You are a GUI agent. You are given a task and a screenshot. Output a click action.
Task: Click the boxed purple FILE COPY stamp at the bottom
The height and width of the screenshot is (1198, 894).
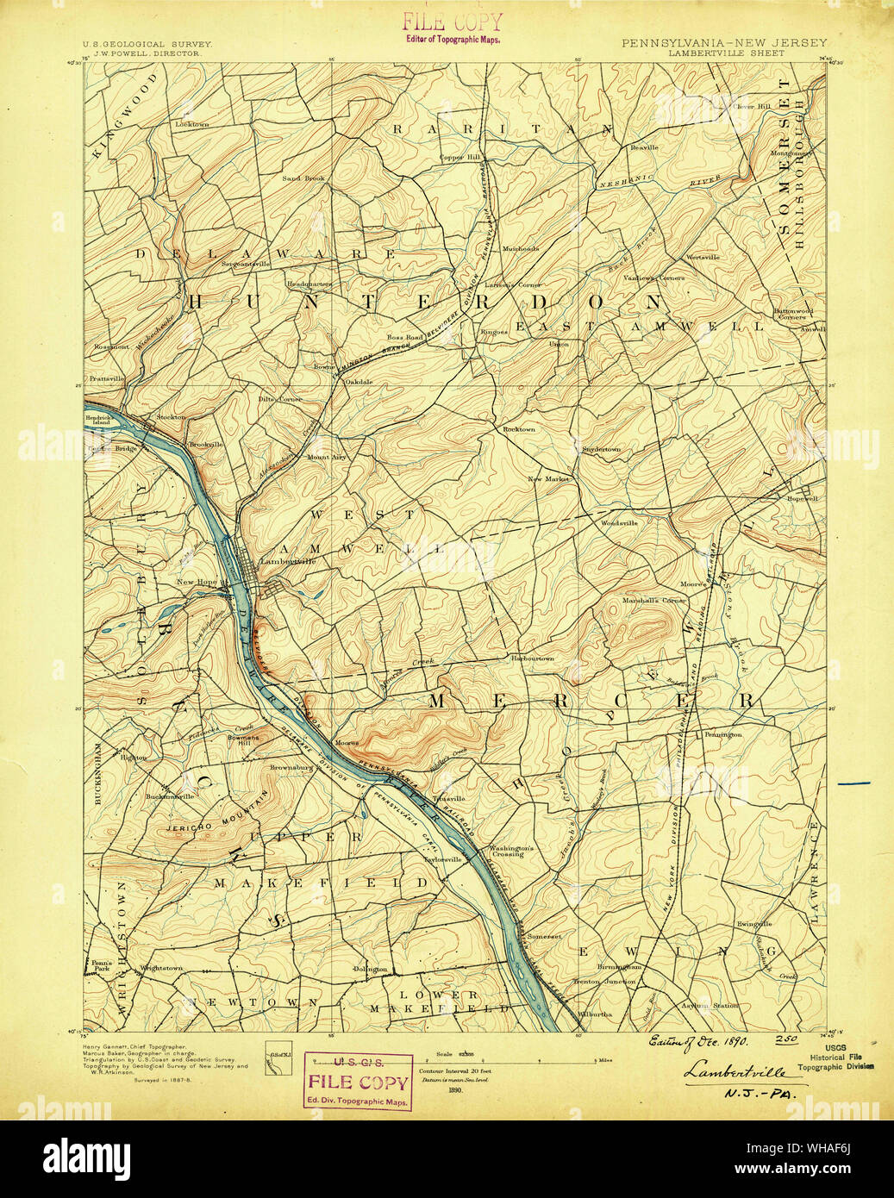click(x=358, y=1081)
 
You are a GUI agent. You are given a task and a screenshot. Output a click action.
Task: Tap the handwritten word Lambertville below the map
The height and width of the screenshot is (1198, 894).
click(x=736, y=1072)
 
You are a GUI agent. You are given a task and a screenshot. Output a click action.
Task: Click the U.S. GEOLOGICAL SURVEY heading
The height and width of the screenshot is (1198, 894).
click(x=147, y=42)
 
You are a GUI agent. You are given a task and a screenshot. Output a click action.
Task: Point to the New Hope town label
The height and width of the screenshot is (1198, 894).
click(x=197, y=582)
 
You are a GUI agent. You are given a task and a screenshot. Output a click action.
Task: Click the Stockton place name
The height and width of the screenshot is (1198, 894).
click(x=170, y=417)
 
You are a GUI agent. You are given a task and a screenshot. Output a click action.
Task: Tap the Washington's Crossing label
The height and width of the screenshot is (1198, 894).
click(x=512, y=851)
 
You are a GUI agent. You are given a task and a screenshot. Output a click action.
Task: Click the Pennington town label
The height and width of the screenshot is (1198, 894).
click(x=722, y=734)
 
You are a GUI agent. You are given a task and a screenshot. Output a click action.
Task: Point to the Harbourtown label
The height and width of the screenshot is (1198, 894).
click(x=532, y=658)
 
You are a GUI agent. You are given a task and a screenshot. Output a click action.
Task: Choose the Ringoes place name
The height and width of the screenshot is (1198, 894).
click(x=493, y=331)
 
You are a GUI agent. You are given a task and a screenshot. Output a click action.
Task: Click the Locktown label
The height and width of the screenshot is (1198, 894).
click(x=191, y=124)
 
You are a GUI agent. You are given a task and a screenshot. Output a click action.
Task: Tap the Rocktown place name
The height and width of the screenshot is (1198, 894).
click(x=519, y=428)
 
